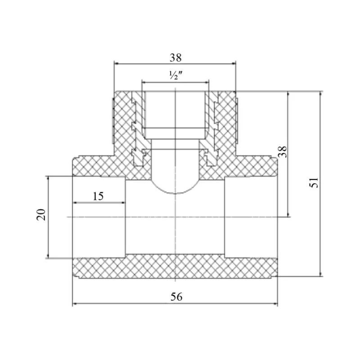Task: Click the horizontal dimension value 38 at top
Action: pyautogui.click(x=175, y=58)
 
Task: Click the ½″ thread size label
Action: pyautogui.click(x=176, y=75)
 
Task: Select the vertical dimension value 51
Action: pyautogui.click(x=314, y=183)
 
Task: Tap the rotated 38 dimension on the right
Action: pyautogui.click(x=283, y=152)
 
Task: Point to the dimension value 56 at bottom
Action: pyautogui.click(x=176, y=297)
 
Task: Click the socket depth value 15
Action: pyautogui.click(x=98, y=196)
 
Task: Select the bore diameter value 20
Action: pyautogui.click(x=41, y=215)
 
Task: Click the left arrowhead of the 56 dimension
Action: pyautogui.click(x=75, y=304)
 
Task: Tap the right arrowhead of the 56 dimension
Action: pyautogui.click(x=275, y=304)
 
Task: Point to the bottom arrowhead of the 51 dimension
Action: pyautogui.click(x=321, y=274)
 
